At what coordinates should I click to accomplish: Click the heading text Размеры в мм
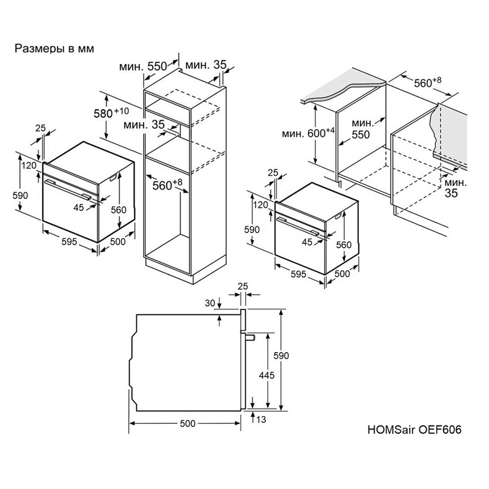[x=54, y=49]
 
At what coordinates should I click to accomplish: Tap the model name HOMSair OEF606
[x=414, y=430]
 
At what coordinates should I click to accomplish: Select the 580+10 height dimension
[x=111, y=113]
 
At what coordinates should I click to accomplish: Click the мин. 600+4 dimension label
[x=308, y=133]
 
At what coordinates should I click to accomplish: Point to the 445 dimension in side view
[x=267, y=375]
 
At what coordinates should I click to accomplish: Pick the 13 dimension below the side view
[x=261, y=419]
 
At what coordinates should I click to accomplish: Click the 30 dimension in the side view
[x=210, y=303]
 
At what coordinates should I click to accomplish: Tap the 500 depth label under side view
[x=188, y=423]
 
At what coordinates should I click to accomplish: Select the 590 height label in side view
[x=281, y=356]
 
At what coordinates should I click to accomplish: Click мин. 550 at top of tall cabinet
[x=143, y=67]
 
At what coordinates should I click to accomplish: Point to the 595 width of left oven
[x=69, y=241]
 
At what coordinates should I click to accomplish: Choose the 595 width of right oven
[x=298, y=274]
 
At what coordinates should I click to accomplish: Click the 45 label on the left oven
[x=79, y=207]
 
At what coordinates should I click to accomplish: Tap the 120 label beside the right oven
[x=260, y=205]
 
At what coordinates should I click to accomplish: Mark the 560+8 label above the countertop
[x=427, y=83]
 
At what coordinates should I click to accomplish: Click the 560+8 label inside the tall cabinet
[x=167, y=185]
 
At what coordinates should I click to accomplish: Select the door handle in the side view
[x=250, y=337]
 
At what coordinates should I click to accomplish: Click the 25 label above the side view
[x=243, y=286]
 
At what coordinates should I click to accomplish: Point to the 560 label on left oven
[x=119, y=210]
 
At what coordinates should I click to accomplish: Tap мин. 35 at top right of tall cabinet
[x=206, y=65]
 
